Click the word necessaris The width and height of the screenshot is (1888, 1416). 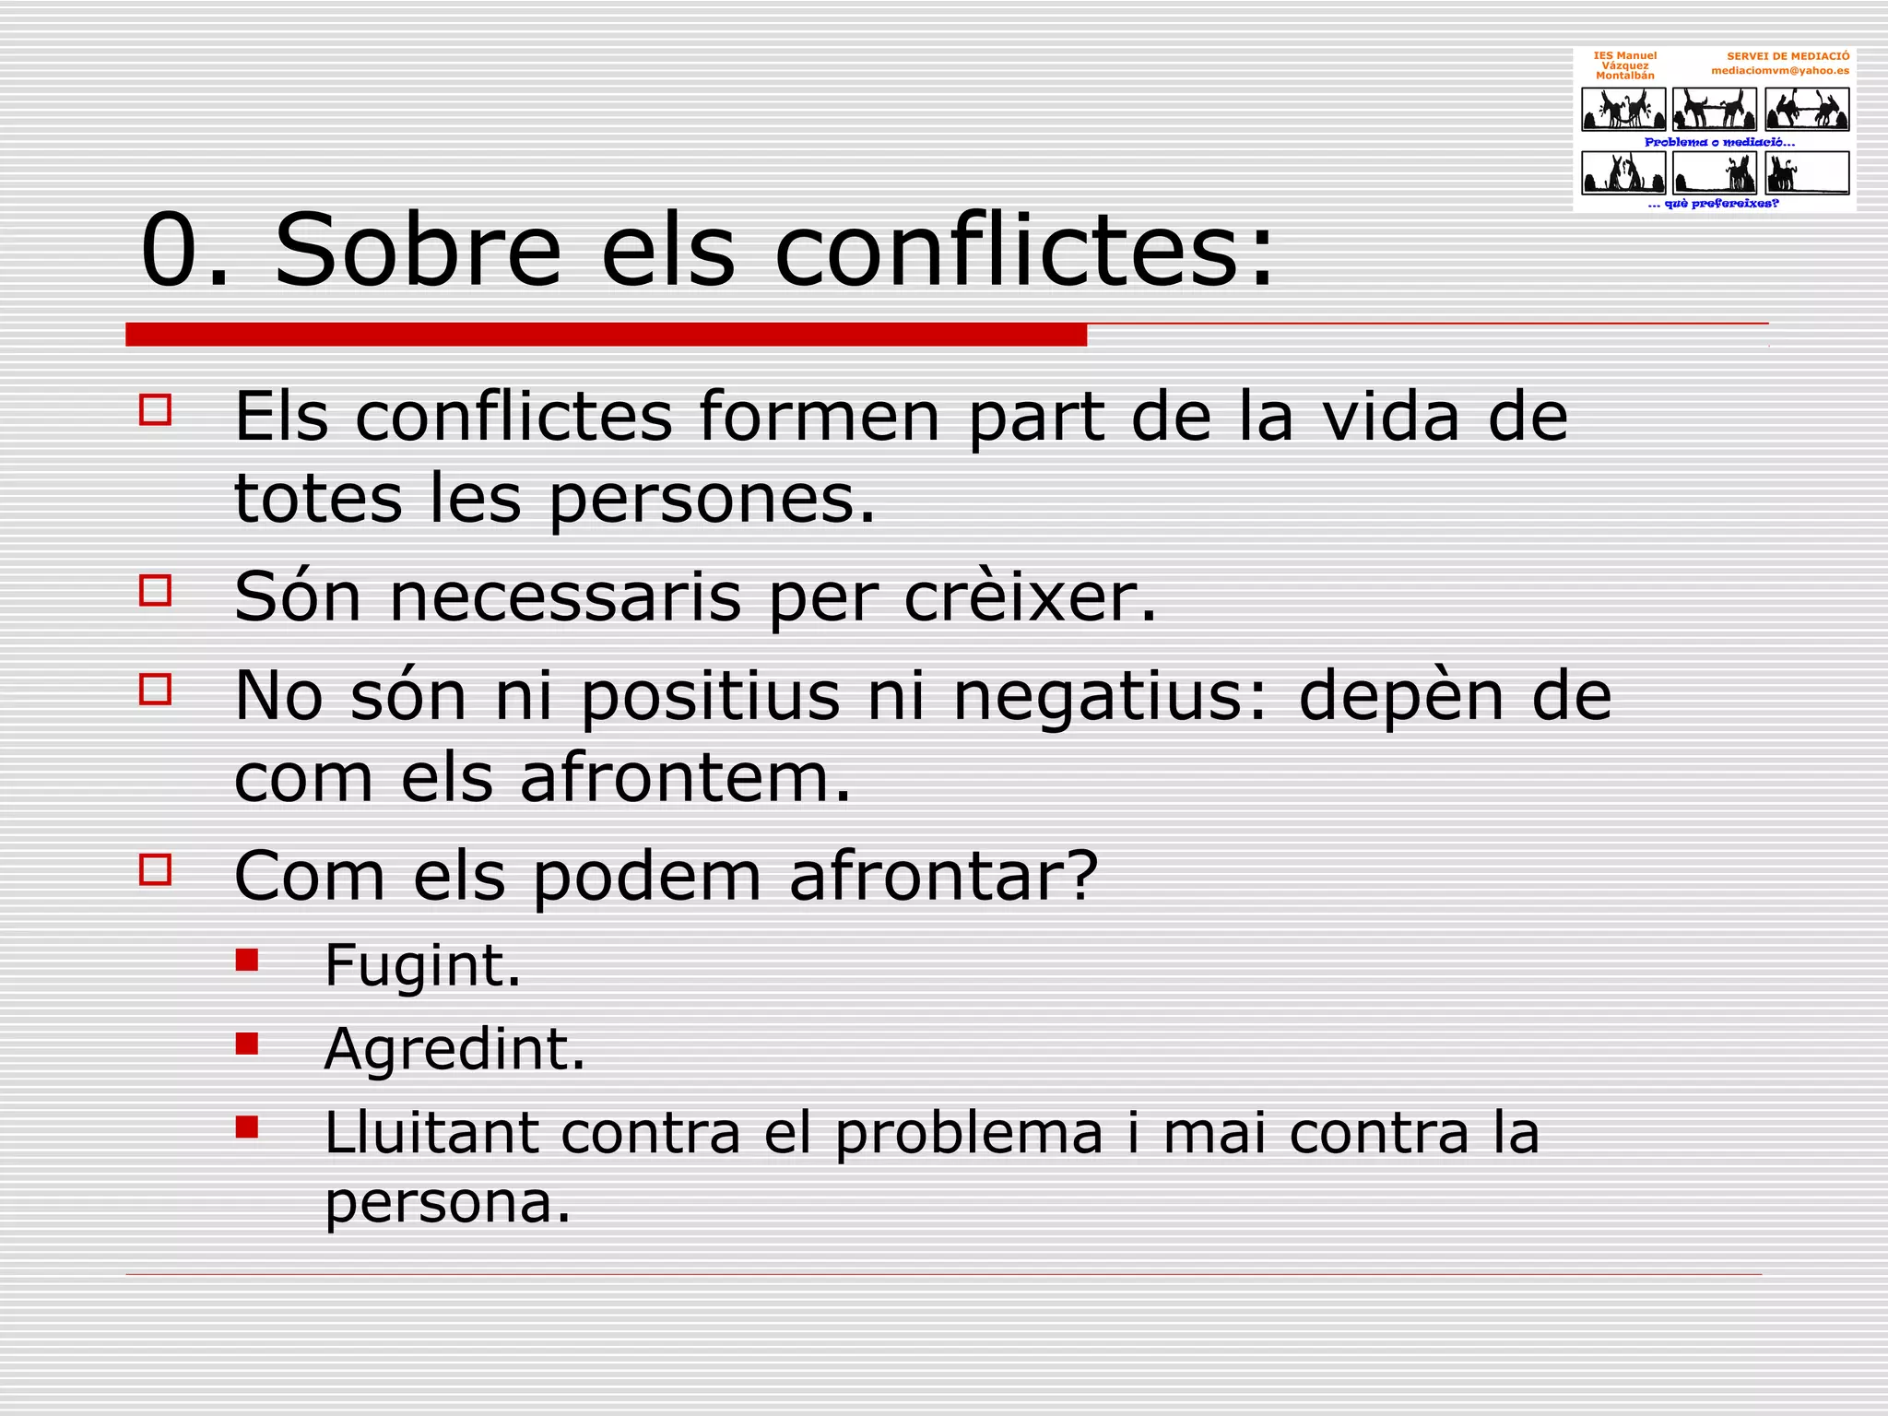pyautogui.click(x=565, y=597)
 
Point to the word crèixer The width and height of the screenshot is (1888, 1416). pyautogui.click(x=1029, y=597)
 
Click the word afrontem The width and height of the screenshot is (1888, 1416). pyautogui.click(x=685, y=778)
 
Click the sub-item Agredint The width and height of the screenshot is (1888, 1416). pyautogui.click(x=454, y=1049)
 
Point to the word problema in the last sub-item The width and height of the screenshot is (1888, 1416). pyautogui.click(x=969, y=1134)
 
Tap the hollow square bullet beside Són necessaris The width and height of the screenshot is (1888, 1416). pyautogui.click(x=156, y=591)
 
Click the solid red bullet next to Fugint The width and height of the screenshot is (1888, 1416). pyautogui.click(x=247, y=961)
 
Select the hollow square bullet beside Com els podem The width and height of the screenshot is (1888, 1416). pyautogui.click(x=156, y=869)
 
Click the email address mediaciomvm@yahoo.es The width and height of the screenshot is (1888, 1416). pyautogui.click(x=1779, y=70)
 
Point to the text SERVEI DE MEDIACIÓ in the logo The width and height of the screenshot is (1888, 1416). pyautogui.click(x=1788, y=56)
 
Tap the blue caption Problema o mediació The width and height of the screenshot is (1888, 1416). pyautogui.click(x=1719, y=142)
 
